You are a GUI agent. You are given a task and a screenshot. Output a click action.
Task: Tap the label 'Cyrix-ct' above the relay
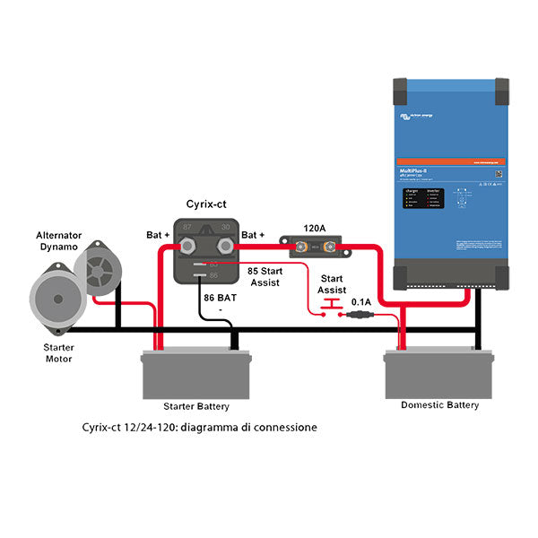pos(206,204)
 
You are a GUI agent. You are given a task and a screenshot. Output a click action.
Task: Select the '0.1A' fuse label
pos(361,302)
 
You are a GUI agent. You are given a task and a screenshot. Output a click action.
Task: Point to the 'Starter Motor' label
pos(59,352)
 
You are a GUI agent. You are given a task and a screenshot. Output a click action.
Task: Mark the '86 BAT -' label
pos(220,303)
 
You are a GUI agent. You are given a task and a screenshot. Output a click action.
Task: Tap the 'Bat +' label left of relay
pos(159,236)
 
